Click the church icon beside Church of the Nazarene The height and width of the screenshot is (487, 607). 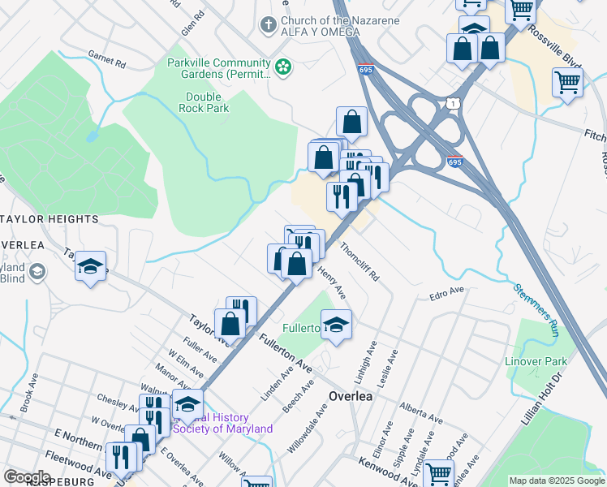(x=269, y=25)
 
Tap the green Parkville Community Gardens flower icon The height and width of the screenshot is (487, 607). (x=283, y=67)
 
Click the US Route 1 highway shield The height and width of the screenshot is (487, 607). (x=452, y=102)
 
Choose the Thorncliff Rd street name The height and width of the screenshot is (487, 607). (x=359, y=261)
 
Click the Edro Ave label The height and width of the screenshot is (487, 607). (x=447, y=291)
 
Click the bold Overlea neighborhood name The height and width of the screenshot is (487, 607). (x=350, y=397)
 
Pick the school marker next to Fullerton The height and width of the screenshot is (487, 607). (x=336, y=326)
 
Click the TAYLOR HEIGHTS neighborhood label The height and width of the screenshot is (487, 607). (x=50, y=219)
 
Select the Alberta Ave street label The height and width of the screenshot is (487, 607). (x=420, y=413)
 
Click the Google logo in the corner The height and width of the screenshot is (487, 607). (x=27, y=476)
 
